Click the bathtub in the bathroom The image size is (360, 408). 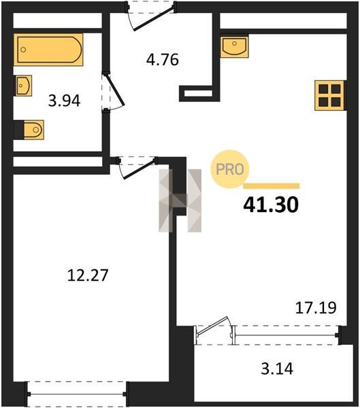pos(48,50)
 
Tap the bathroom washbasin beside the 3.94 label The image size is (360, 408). pos(23,86)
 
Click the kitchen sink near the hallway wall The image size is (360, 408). pos(234,46)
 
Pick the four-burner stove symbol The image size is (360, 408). pos(329,95)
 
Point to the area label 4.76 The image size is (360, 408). pos(163,60)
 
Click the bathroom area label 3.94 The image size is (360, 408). pos(65,101)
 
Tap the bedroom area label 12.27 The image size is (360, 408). pos(88,275)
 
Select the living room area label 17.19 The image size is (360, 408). pos(316,307)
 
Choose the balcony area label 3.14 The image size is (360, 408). pos(277,369)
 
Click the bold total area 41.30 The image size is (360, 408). pos(271,205)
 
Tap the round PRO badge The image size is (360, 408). pos(230,169)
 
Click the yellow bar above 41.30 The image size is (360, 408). pos(271,186)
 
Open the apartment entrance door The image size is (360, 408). pos(150,16)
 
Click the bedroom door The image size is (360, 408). pos(137,168)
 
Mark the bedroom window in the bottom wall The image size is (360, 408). pos(77,394)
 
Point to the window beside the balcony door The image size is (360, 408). pos(287,335)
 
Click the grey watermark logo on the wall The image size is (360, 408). pos(180,201)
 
